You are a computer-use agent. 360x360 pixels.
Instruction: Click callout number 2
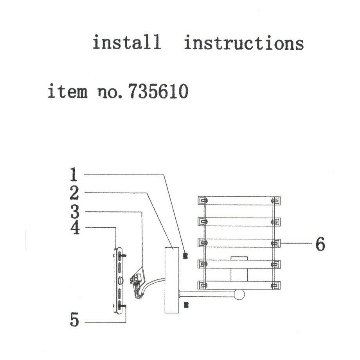click(74, 193)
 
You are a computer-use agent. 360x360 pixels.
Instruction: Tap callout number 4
click(74, 228)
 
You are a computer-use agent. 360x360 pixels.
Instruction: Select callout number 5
click(74, 321)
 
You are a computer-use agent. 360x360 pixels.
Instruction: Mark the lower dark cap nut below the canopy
click(186, 304)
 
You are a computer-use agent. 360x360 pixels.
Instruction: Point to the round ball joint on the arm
click(239, 294)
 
